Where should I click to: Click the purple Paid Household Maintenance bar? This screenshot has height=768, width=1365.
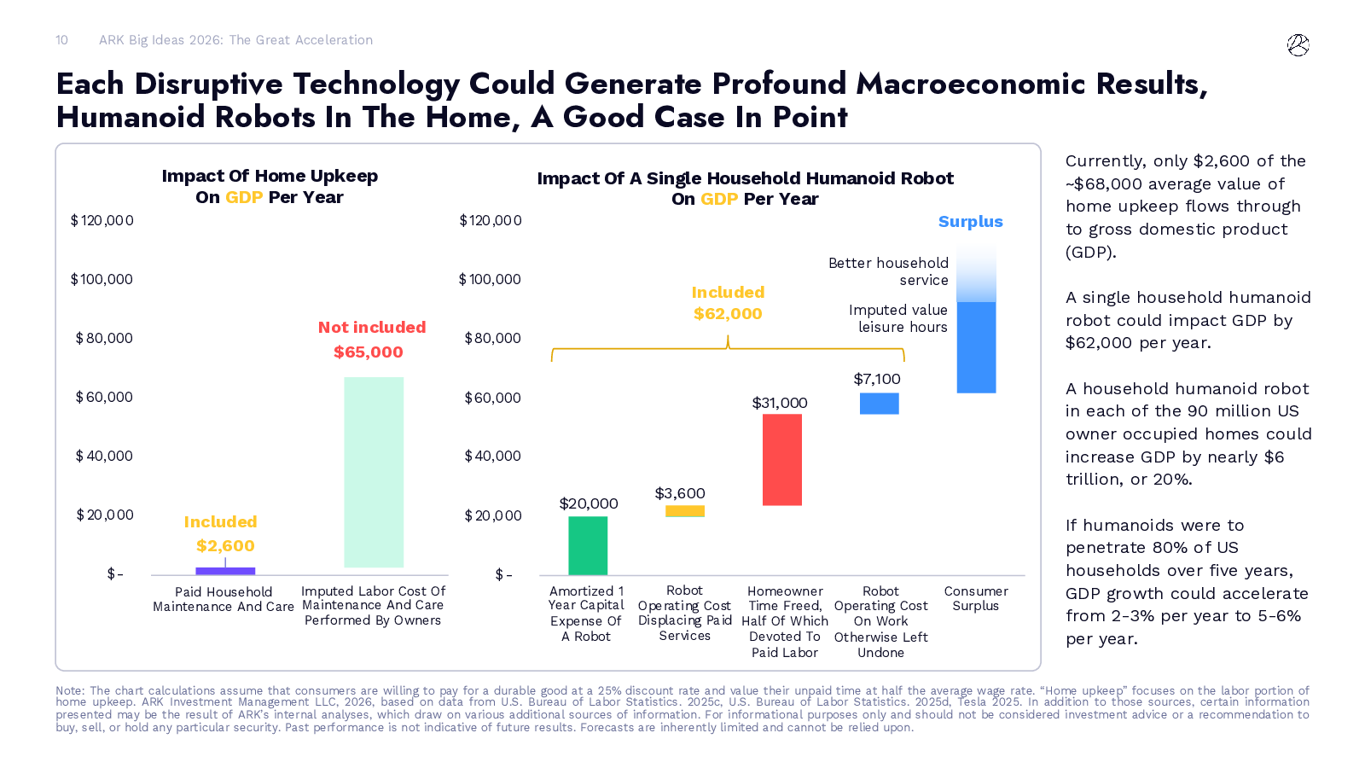click(x=225, y=571)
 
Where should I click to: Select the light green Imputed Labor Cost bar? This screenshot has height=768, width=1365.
click(x=374, y=472)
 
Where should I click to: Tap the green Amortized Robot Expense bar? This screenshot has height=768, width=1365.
click(x=588, y=545)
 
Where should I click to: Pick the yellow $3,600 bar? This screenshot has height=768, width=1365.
click(x=685, y=511)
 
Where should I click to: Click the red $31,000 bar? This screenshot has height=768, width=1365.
click(x=782, y=459)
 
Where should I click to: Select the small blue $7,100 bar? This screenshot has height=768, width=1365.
click(x=879, y=403)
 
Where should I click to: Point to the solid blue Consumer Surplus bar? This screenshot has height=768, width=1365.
click(x=976, y=347)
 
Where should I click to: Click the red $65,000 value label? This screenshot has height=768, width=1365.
click(x=369, y=352)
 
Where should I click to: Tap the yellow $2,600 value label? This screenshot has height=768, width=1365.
click(x=225, y=545)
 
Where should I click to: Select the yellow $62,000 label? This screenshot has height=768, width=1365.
click(x=728, y=313)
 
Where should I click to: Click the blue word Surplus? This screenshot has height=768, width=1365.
click(x=971, y=222)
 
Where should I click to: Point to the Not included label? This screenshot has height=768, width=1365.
click(x=372, y=328)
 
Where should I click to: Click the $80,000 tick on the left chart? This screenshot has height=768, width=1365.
click(x=104, y=338)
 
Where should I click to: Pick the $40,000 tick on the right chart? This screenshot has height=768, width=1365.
click(x=492, y=456)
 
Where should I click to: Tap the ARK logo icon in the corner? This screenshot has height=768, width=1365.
click(x=1298, y=45)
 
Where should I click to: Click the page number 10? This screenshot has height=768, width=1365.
click(x=61, y=40)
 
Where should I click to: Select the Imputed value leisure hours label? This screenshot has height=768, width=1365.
click(x=897, y=318)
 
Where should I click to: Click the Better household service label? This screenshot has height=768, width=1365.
click(x=888, y=271)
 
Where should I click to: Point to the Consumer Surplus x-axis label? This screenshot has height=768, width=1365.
click(x=976, y=598)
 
